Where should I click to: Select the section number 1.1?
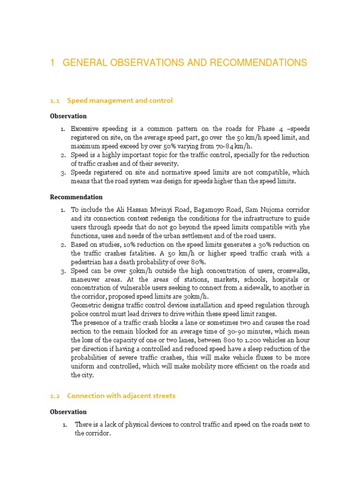[x=55, y=100]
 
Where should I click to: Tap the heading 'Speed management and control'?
[x=120, y=100]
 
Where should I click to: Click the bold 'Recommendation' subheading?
[x=76, y=197]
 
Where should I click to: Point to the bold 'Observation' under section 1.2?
[x=68, y=412]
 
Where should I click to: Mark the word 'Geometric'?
[x=86, y=306]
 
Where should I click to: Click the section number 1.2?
[x=55, y=396]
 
